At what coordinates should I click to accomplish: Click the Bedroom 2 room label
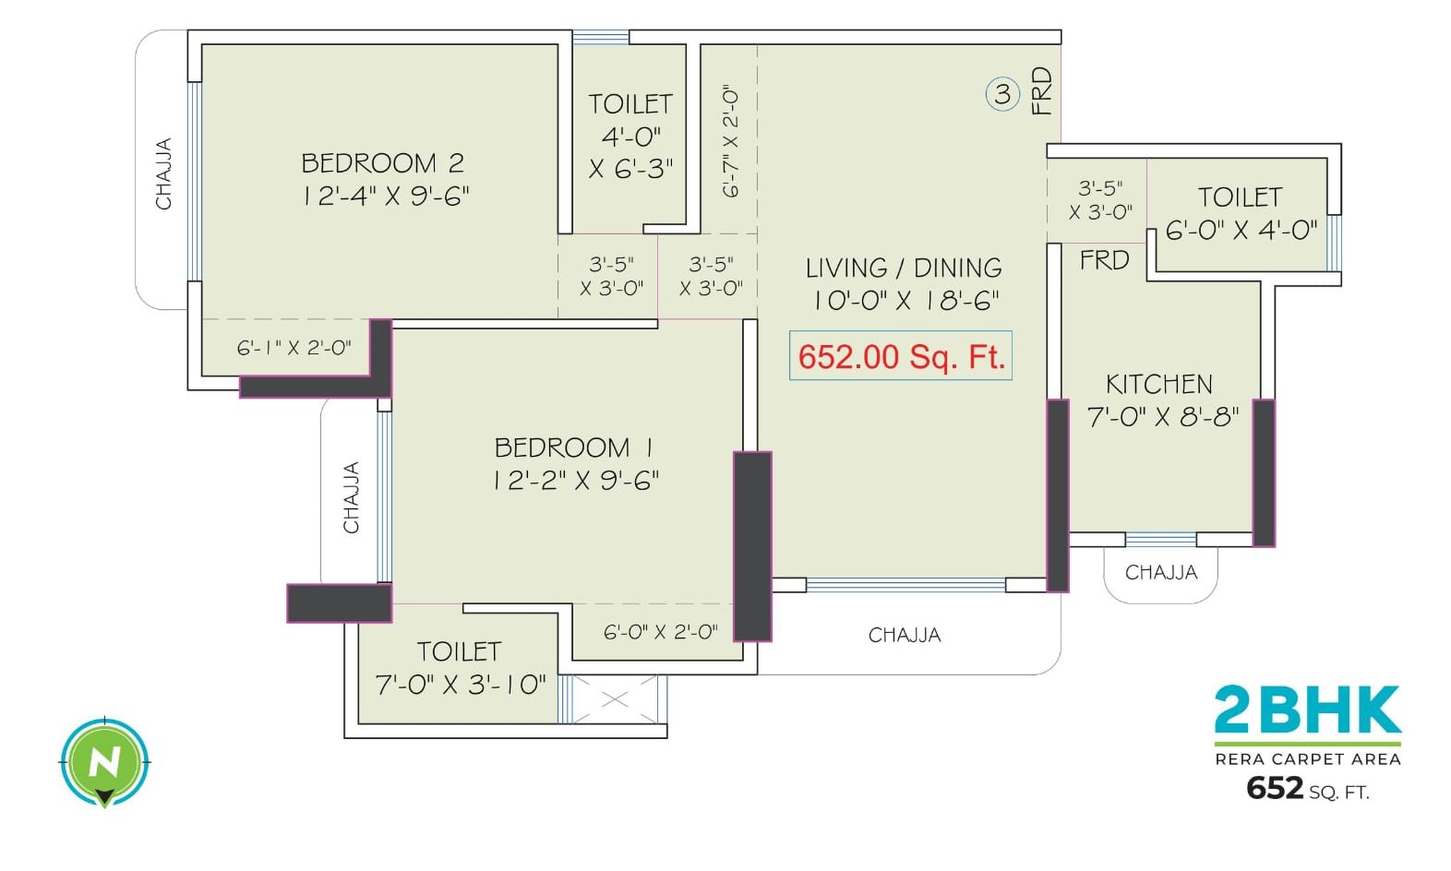point(382,163)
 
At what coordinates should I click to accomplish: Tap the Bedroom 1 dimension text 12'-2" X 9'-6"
point(575,481)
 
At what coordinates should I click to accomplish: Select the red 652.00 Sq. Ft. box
point(900,356)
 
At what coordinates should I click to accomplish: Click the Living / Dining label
point(904,268)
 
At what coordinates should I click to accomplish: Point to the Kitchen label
point(1159,384)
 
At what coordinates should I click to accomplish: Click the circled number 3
point(1002,93)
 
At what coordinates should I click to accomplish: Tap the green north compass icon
point(104,762)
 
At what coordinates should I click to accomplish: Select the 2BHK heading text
point(1307,710)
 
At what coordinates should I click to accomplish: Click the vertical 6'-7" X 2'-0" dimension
point(730,141)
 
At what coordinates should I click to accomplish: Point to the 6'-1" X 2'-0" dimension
point(294,348)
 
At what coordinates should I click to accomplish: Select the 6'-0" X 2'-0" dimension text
point(660,632)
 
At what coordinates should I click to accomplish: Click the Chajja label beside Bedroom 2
point(163,173)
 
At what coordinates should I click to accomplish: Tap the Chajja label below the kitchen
point(1161,572)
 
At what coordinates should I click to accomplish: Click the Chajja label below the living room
point(905,635)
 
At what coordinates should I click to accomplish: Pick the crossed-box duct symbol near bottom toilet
point(614,699)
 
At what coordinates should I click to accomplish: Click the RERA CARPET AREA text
point(1307,759)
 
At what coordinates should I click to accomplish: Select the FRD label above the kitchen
point(1104,260)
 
